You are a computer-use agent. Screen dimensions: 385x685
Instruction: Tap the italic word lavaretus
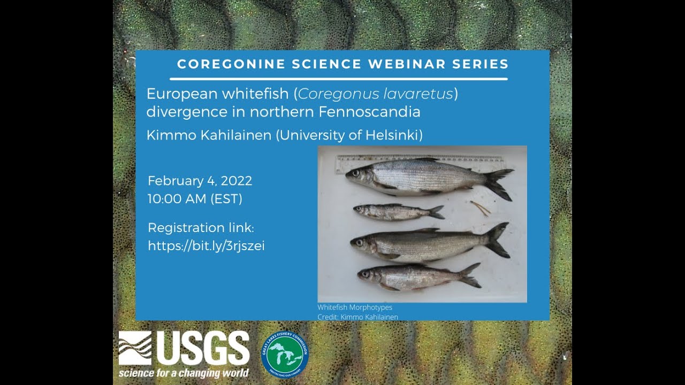point(418,94)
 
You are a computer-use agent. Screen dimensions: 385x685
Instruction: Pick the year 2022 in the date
point(236,181)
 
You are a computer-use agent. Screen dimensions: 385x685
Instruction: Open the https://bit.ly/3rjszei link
point(206,246)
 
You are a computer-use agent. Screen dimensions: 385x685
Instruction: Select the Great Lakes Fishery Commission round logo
point(285,353)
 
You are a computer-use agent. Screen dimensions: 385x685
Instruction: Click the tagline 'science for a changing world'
point(184,373)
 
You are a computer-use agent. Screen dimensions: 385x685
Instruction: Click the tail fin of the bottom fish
point(469,275)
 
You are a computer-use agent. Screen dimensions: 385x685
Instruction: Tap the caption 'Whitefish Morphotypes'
point(354,307)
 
